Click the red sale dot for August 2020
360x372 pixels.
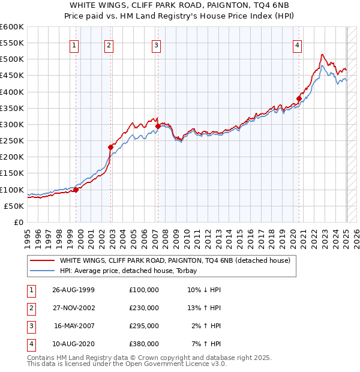(299, 98)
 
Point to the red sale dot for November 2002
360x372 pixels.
(110, 147)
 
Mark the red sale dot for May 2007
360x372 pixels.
(157, 126)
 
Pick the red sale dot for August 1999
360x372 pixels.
(76, 190)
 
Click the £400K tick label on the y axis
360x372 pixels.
(12, 92)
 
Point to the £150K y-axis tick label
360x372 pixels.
(12, 173)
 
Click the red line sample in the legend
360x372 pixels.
(42, 260)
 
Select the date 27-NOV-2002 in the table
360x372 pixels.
(74, 308)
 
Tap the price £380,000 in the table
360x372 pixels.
(144, 344)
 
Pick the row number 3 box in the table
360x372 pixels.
(31, 326)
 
